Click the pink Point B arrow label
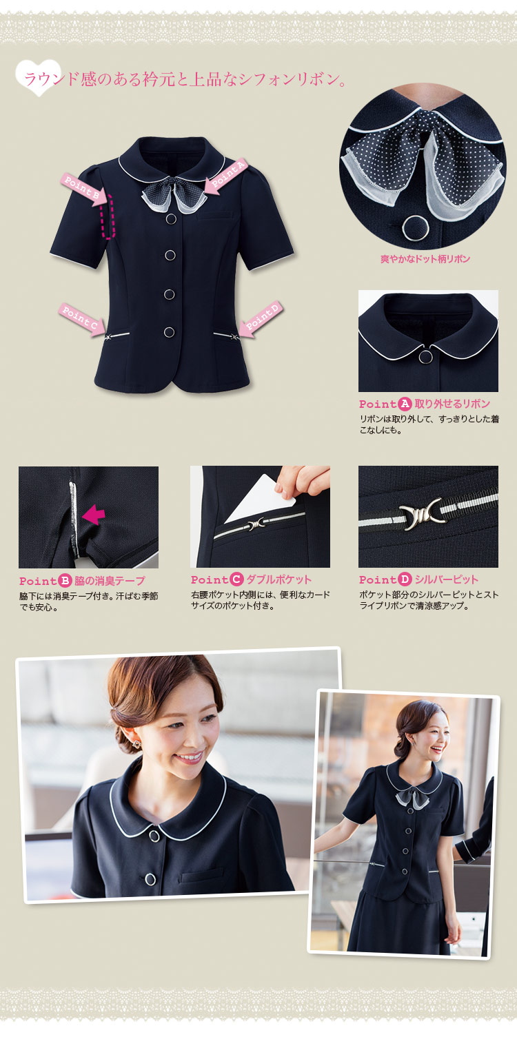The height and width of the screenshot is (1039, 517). [x=84, y=187]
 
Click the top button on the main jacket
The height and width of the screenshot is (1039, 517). [x=170, y=219]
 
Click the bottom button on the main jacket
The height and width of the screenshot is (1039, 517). [x=169, y=331]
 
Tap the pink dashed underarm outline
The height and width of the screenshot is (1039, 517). [x=108, y=216]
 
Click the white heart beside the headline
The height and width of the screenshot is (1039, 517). [x=39, y=77]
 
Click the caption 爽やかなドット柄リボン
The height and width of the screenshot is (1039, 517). [x=425, y=259]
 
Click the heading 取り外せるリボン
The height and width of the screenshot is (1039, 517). [x=452, y=403]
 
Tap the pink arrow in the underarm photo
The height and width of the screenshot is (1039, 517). [x=93, y=515]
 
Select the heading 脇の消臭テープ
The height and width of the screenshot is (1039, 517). [x=110, y=580]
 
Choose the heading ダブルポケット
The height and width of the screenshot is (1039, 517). [x=278, y=579]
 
